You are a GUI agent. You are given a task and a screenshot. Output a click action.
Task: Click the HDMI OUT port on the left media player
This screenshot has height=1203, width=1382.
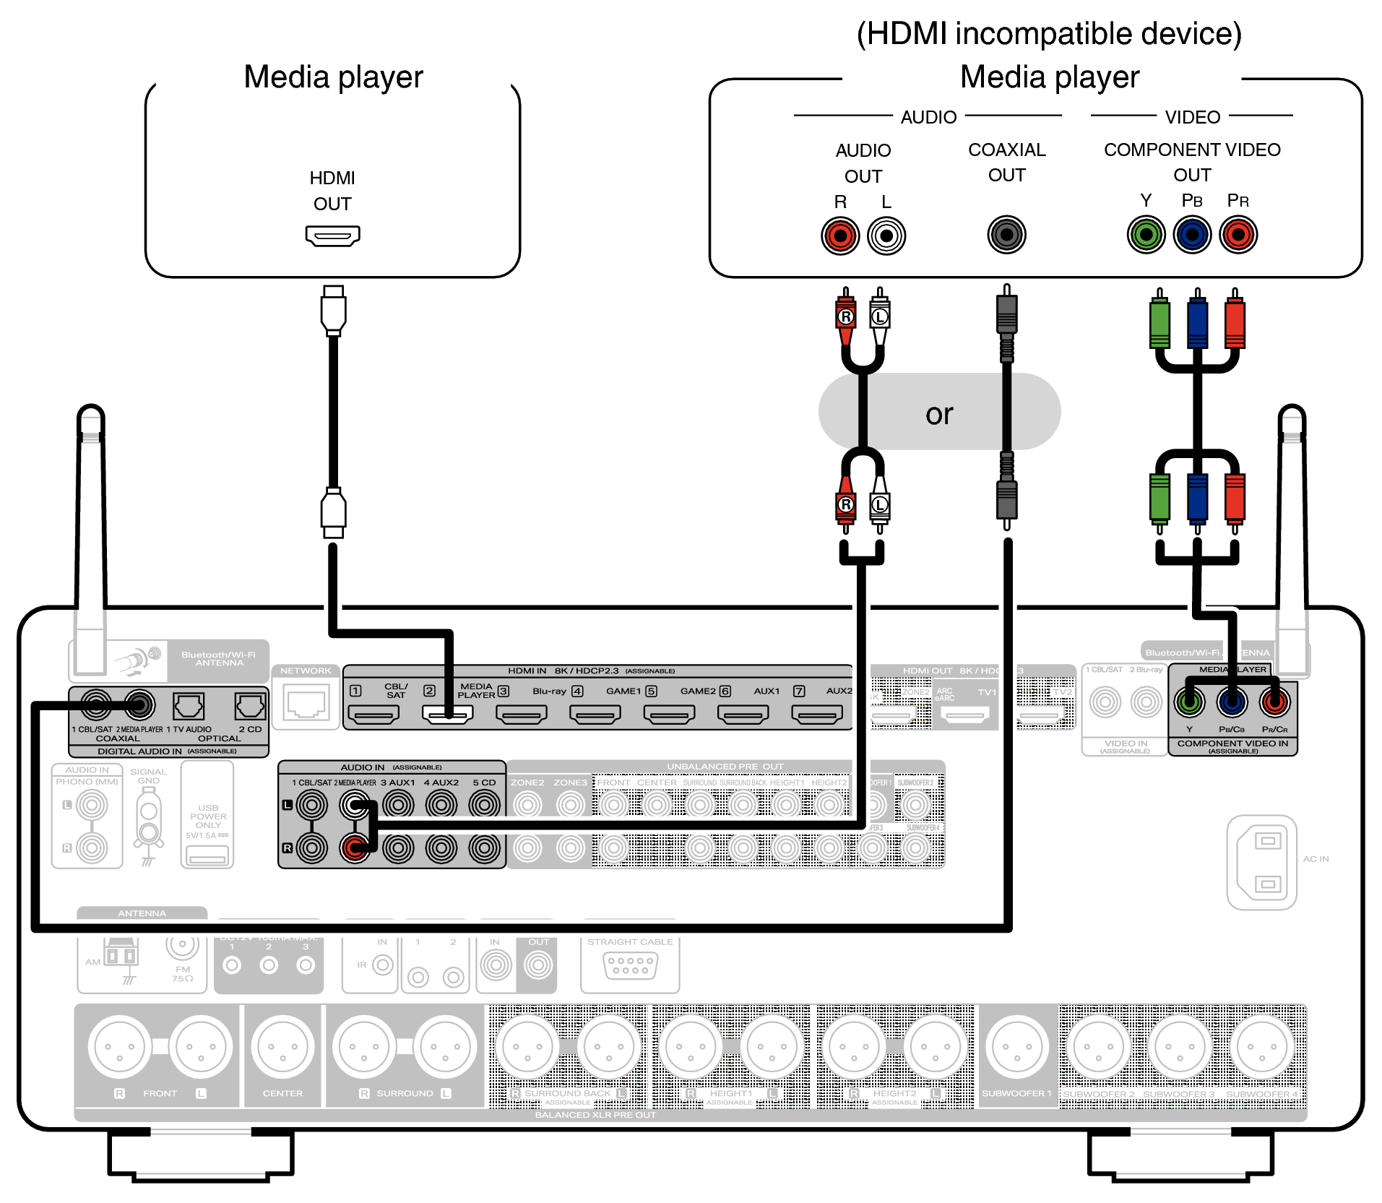332,236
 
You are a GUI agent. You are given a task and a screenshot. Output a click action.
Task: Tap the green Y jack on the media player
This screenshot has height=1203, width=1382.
1146,235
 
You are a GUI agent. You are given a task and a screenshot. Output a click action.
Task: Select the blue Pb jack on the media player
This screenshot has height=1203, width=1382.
1192,235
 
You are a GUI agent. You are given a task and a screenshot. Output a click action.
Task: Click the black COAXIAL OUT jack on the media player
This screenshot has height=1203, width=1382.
1006,235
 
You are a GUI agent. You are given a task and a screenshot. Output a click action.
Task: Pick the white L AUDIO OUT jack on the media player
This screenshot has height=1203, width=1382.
886,236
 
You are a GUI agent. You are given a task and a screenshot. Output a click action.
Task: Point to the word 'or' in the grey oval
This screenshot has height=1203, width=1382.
939,414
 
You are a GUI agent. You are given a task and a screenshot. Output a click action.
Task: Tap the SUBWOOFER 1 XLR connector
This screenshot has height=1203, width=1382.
1016,1047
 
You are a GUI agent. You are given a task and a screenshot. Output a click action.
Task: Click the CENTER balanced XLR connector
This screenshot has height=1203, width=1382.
282,1047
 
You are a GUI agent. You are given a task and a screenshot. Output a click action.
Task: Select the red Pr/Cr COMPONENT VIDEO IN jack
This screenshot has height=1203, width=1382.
1274,702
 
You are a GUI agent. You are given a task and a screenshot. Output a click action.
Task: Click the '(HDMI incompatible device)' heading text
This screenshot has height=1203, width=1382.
1049,34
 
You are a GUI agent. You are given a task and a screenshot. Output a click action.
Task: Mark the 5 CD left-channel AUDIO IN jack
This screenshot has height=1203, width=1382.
484,804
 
